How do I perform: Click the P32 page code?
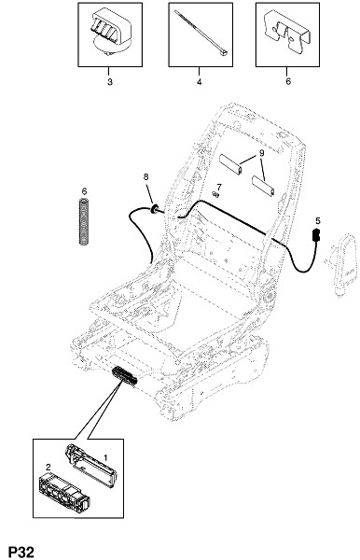point(21,552)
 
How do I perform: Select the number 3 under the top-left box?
point(110,82)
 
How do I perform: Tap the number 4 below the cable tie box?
point(199,82)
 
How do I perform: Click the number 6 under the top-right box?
point(288,81)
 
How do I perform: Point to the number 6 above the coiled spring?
point(84,191)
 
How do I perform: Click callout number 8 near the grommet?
point(145,176)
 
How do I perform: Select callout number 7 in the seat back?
point(219,187)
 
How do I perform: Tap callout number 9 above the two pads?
point(261,153)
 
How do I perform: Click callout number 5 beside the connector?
point(318,220)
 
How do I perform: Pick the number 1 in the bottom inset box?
point(105,458)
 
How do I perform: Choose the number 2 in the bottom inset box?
point(48,468)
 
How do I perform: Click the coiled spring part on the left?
point(84,221)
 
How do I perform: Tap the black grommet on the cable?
point(155,208)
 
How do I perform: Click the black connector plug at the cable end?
point(316,234)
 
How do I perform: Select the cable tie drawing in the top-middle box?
point(201,34)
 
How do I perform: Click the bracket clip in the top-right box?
point(287,33)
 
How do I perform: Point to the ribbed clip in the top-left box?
point(110,32)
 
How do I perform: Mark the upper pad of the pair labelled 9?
point(230,164)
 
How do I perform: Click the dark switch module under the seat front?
point(125,376)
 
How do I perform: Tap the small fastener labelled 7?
point(215,194)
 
